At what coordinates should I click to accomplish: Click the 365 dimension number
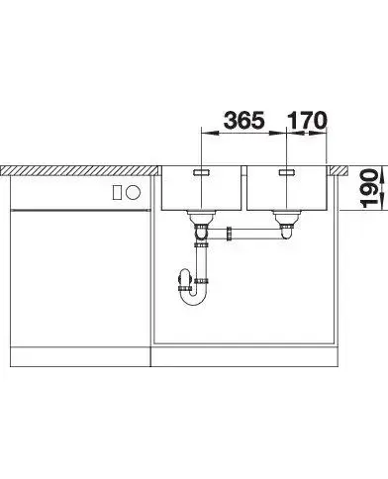point(244,120)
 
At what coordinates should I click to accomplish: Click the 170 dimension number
point(307,120)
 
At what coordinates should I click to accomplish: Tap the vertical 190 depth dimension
point(369,188)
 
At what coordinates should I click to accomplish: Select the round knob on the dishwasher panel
point(134,192)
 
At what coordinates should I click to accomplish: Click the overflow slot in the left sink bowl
point(201,172)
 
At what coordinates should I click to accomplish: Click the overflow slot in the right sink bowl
point(287,172)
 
